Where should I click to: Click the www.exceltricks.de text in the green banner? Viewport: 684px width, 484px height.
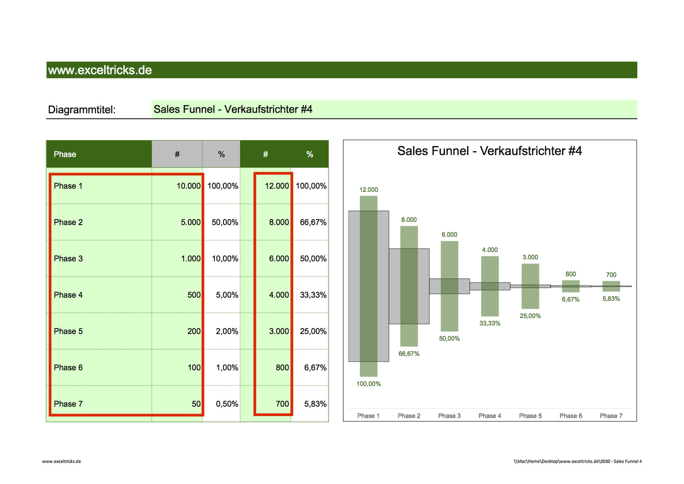click(100, 70)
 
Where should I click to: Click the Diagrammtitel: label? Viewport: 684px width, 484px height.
click(81, 110)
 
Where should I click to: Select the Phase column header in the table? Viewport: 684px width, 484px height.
click(65, 155)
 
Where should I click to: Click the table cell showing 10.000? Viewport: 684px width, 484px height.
click(188, 186)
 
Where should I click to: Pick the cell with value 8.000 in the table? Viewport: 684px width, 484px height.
click(279, 222)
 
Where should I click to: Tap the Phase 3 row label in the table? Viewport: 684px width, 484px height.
click(68, 259)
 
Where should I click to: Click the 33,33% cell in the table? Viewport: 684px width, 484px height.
click(313, 295)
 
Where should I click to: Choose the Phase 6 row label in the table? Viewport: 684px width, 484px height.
click(68, 368)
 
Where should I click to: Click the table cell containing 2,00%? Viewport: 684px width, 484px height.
click(227, 331)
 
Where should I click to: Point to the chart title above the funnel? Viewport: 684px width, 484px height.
click(489, 151)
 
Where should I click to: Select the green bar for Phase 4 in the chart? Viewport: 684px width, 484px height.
click(489, 286)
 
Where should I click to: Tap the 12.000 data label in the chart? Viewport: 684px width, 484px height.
click(368, 190)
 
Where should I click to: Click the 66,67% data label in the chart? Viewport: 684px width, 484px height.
click(409, 354)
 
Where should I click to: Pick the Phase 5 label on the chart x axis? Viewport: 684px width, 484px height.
click(530, 416)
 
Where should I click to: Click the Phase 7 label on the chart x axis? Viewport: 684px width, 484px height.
click(611, 416)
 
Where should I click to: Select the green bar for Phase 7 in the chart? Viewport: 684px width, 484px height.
click(611, 286)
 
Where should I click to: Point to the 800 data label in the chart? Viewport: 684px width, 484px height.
click(570, 274)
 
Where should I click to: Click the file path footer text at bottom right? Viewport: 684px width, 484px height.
click(577, 461)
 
